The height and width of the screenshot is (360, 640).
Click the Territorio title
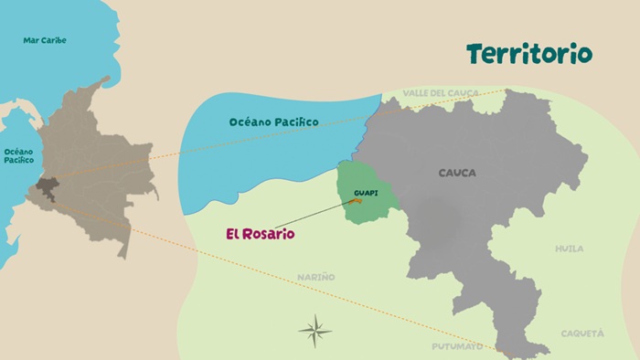528,54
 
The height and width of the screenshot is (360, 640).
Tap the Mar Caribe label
45,40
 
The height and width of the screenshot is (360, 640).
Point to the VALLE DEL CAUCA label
441,93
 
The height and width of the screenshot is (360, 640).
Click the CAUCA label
456,173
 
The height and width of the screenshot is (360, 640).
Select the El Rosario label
261,234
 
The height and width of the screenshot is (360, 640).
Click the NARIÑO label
315,277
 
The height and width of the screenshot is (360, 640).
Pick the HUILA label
569,249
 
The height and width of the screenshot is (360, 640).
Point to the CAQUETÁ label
581,334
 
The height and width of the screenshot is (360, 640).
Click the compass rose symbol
315,330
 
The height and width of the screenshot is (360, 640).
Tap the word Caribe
54,40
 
